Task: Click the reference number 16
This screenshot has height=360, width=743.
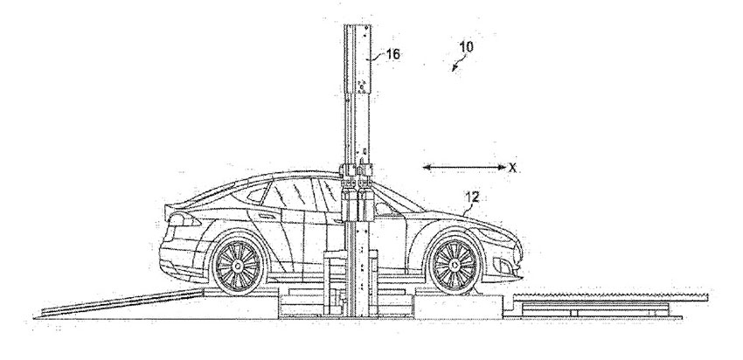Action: point(392,54)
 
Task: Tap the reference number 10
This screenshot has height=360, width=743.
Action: point(466,46)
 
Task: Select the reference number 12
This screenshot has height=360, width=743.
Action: point(472,197)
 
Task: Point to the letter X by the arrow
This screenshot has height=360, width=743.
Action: point(512,167)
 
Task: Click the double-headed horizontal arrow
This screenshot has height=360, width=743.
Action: point(464,167)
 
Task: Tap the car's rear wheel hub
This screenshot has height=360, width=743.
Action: point(238,266)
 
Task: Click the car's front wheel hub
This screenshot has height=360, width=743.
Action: point(455,264)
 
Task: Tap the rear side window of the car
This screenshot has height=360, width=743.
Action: point(256,195)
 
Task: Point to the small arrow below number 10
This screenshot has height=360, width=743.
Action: point(457,65)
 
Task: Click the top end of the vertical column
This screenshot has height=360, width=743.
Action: point(358,24)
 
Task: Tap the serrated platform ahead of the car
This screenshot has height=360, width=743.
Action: point(610,297)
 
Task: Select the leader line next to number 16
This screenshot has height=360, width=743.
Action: point(378,59)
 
